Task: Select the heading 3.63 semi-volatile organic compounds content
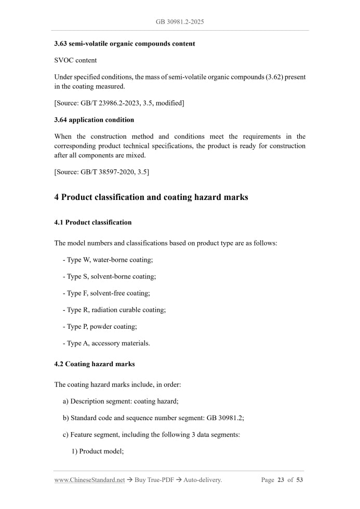tap(125, 44)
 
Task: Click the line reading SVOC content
tap(75, 60)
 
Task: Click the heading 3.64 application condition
tap(94, 120)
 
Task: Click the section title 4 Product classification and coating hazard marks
tap(151, 197)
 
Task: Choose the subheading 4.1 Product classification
tap(93, 222)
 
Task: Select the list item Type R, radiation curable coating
tap(114, 310)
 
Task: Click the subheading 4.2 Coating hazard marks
tap(95, 364)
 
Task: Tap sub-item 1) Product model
tap(97, 451)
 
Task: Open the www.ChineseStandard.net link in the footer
tap(89, 480)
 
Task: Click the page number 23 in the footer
tap(281, 480)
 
